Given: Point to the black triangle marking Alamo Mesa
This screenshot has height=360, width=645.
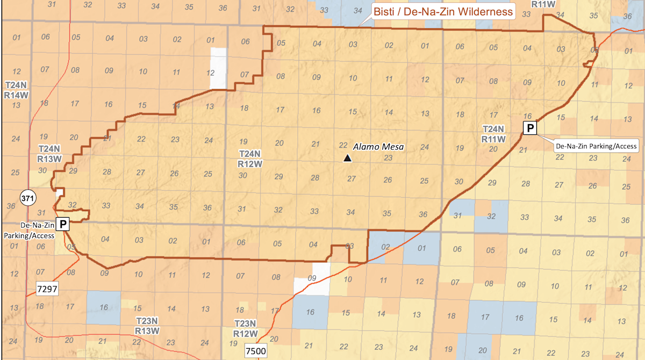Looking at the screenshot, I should click(x=348, y=158).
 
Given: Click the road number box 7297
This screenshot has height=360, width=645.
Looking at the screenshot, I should click(x=46, y=289).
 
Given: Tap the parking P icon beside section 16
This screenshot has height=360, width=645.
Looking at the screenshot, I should click(x=531, y=128).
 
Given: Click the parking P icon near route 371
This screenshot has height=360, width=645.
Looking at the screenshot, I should click(x=63, y=224).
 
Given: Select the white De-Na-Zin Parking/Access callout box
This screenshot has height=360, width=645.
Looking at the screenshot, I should click(x=596, y=146).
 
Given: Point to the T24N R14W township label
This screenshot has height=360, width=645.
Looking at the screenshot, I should click(x=17, y=90).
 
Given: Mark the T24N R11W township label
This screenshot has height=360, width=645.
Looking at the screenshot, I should click(x=493, y=134).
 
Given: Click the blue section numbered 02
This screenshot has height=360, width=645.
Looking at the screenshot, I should click(x=385, y=248).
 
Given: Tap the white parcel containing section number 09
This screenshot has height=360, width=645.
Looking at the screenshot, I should click(x=312, y=278).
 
